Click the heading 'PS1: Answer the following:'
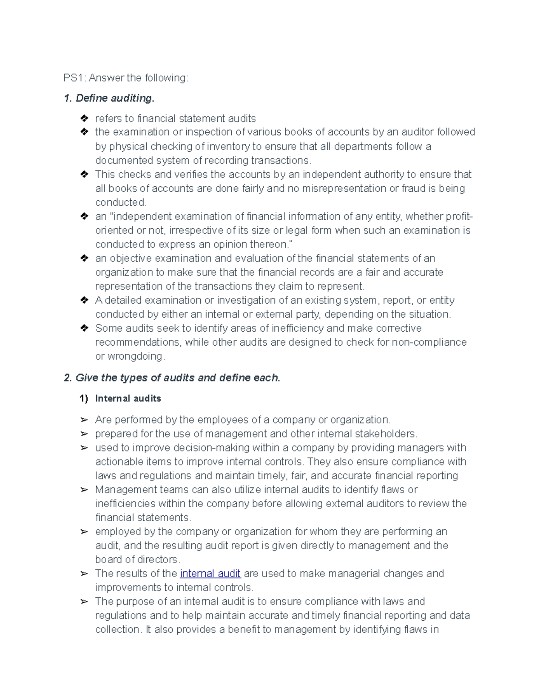click(x=126, y=78)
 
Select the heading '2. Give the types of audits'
click(x=172, y=378)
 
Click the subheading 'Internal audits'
click(x=128, y=398)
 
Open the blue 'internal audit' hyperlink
click(x=210, y=573)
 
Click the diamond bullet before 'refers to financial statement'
click(x=84, y=118)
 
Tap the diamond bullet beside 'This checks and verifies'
click(x=84, y=174)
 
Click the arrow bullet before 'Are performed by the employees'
click(x=84, y=420)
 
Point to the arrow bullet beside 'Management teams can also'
click(x=84, y=490)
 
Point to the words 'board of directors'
click(x=136, y=559)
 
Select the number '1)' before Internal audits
click(x=84, y=398)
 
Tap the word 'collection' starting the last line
click(x=118, y=629)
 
